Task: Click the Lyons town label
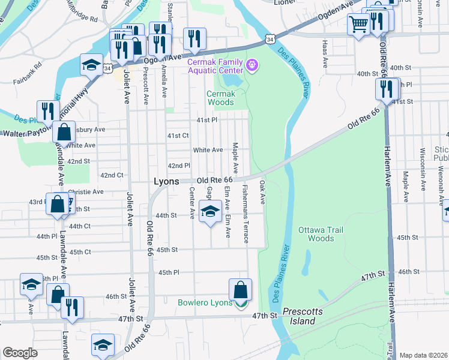(x=167, y=181)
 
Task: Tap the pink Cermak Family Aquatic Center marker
(x=252, y=64)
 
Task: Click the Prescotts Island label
(x=298, y=316)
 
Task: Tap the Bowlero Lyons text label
(x=205, y=302)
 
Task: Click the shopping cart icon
(x=359, y=25)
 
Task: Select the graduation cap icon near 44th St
(x=210, y=212)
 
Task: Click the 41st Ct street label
(x=178, y=136)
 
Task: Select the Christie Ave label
(x=86, y=192)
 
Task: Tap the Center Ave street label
(x=192, y=202)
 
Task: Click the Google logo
(x=20, y=353)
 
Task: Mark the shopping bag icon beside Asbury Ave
(x=64, y=131)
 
